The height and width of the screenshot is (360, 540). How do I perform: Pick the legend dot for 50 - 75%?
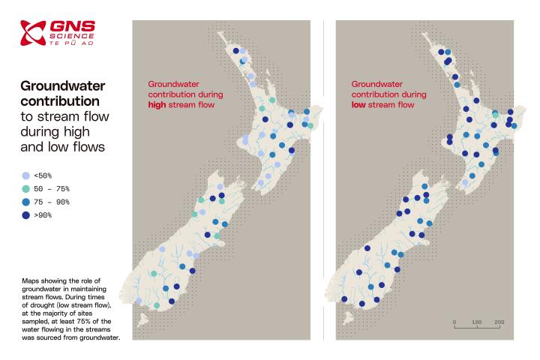tap(27, 189)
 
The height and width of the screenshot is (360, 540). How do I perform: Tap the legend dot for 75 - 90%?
tap(27, 202)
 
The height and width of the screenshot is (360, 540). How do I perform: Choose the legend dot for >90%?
tap(27, 216)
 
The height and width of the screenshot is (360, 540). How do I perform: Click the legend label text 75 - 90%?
tap(53, 202)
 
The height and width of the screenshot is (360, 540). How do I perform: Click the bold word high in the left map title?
tap(158, 106)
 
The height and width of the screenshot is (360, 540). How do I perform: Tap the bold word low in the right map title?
tap(359, 106)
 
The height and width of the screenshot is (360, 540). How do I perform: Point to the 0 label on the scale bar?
tap(454, 321)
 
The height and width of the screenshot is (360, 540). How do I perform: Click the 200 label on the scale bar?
tap(499, 321)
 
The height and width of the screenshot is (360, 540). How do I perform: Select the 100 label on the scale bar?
tap(476, 321)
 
